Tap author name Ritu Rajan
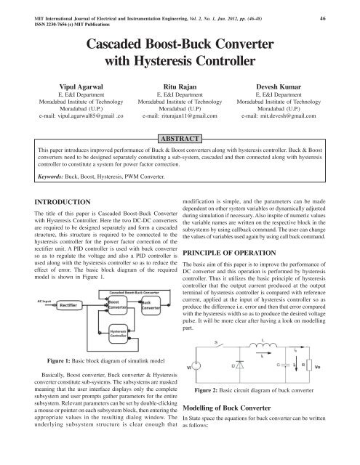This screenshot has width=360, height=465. pyautogui.click(x=180, y=84)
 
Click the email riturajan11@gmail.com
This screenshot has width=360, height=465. pyautogui.click(x=180, y=115)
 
